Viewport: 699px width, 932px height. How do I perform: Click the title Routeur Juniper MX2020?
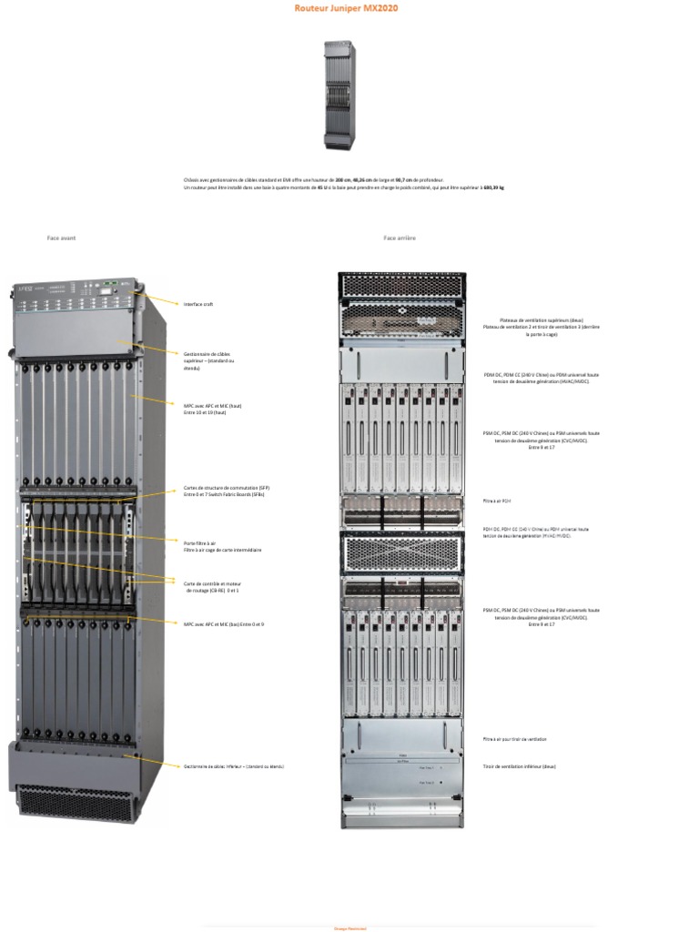click(x=345, y=7)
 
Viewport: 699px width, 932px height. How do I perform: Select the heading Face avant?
click(x=61, y=238)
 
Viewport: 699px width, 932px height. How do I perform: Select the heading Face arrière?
click(x=400, y=238)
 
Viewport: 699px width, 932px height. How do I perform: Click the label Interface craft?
click(x=198, y=304)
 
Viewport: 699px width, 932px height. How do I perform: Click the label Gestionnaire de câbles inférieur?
click(x=233, y=766)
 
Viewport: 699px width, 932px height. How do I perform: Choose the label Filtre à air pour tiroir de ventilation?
click(x=514, y=739)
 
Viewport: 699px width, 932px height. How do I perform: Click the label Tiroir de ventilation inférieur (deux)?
click(x=519, y=766)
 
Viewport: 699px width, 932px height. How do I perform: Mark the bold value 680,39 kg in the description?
click(x=493, y=187)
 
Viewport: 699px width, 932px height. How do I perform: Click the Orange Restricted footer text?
click(x=350, y=928)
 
